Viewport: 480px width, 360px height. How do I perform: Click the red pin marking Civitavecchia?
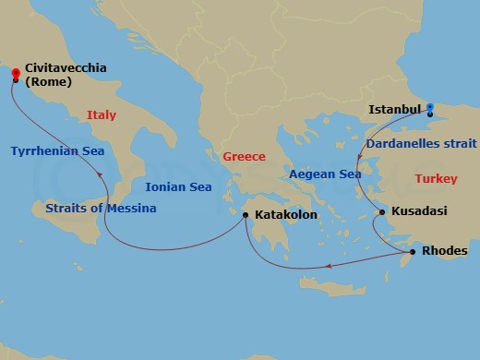click(16, 71)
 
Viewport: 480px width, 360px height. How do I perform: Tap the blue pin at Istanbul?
click(431, 112)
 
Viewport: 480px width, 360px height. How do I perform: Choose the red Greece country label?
click(244, 156)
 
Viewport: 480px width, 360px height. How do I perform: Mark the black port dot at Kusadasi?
click(382, 212)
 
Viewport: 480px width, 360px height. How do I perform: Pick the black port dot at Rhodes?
click(412, 251)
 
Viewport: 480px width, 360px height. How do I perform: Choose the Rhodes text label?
click(444, 251)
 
